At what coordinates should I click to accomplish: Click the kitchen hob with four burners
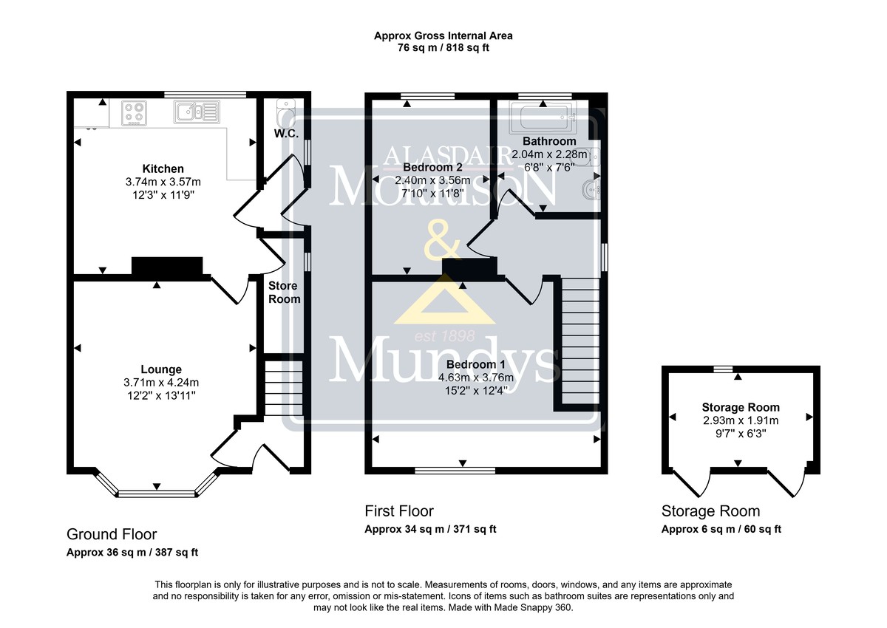pos(135,113)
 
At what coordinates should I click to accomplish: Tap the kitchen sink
pos(197,112)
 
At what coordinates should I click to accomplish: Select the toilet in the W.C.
pos(285,112)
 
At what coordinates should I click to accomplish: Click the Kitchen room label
pos(163,169)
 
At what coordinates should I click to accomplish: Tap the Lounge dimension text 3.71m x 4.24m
pos(161,383)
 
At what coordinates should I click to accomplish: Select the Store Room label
pos(284,293)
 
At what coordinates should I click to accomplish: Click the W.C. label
pos(286,134)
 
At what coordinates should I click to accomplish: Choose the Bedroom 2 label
pos(432,168)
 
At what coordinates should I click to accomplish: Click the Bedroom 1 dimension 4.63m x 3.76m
pos(476,378)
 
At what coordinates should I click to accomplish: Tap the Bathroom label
pos(549,141)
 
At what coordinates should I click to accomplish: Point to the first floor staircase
pos(580,341)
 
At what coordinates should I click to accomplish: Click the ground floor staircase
pos(283,387)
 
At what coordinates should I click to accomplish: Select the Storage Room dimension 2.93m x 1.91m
pos(741,420)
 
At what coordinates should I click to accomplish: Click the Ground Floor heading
pos(112,535)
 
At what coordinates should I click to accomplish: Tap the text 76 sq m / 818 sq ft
pos(443,48)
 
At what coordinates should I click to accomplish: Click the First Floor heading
pos(399,511)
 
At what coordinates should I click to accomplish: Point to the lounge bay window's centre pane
pos(157,494)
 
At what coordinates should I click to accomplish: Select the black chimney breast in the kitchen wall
pos(167,266)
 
